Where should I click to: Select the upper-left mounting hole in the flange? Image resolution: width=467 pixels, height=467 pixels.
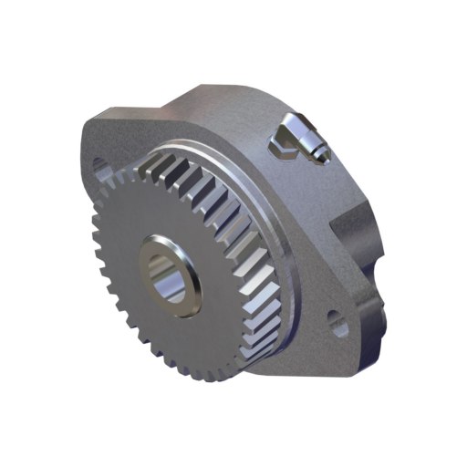(x=101, y=168)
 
